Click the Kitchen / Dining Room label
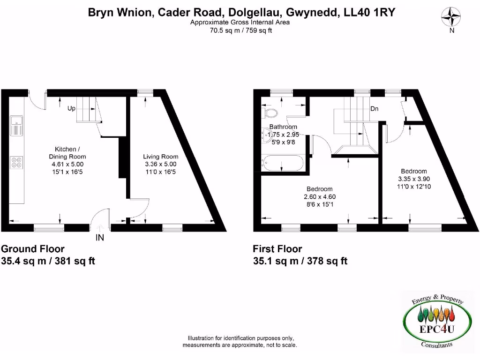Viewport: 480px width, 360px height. click(67, 153)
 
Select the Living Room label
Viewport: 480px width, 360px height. click(160, 157)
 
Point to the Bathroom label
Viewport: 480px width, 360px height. click(283, 127)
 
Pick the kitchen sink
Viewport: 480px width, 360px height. click(16, 124)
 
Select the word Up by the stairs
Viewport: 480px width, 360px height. click(72, 108)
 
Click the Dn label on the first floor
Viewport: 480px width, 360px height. click(374, 109)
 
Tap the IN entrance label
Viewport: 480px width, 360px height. click(100, 238)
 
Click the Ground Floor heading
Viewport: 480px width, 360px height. click(33, 249)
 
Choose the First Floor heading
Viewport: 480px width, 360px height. click(277, 249)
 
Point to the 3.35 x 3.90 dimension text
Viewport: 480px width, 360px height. click(413, 179)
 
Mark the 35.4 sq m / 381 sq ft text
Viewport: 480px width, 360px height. click(49, 261)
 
